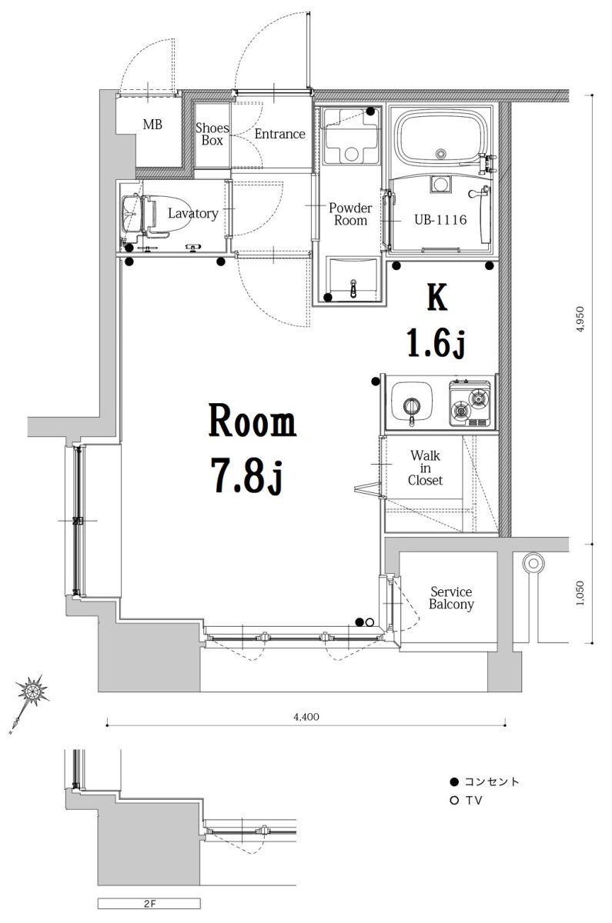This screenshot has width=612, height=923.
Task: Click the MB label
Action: click(152, 125)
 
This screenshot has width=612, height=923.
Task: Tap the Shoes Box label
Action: click(212, 134)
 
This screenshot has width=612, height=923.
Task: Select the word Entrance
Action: click(279, 134)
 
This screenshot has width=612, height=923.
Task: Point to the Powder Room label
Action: click(350, 214)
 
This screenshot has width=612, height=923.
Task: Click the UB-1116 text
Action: click(440, 220)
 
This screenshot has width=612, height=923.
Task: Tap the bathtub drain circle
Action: click(441, 153)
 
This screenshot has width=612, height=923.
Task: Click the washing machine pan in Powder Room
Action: click(351, 135)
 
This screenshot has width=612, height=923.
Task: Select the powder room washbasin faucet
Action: click(353, 288)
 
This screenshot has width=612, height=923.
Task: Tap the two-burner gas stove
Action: click(470, 403)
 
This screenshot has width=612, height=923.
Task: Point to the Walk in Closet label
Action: click(425, 468)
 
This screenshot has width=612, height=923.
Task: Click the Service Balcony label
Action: click(451, 598)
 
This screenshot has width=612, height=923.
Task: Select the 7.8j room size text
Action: click(247, 476)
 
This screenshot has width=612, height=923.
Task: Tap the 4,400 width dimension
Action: click(306, 717)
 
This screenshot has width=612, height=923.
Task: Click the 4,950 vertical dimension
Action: click(580, 319)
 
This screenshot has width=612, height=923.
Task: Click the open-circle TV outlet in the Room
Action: click(370, 622)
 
